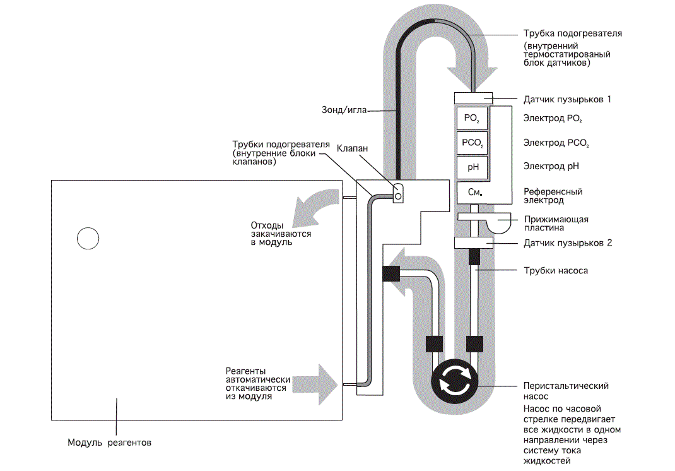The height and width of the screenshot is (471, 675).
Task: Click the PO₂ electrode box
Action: tap(472, 118)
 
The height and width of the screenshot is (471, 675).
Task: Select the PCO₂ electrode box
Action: tap(472, 143)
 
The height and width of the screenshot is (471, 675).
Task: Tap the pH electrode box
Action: tap(472, 167)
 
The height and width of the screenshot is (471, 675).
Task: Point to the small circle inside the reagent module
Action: tap(88, 238)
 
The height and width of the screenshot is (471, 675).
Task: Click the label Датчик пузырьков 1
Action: tap(567, 100)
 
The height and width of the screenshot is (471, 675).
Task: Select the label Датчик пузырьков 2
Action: tap(567, 243)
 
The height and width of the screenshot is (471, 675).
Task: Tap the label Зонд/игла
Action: tap(344, 110)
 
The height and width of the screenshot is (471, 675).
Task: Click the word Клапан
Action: tap(352, 148)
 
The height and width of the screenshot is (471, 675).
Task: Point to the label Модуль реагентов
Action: tap(109, 443)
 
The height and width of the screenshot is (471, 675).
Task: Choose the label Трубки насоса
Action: tap(556, 271)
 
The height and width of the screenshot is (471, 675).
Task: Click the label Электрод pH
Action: tap(551, 166)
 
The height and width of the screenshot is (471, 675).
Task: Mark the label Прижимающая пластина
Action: tap(556, 224)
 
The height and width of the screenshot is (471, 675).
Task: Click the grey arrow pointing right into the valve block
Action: tap(315, 385)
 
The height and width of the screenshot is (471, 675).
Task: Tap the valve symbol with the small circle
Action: tap(398, 193)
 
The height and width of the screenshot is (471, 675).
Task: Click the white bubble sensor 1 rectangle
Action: tap(474, 98)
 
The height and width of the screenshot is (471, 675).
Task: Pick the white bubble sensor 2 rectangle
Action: tap(474, 242)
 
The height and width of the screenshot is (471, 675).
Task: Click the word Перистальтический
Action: tap(566, 386)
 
